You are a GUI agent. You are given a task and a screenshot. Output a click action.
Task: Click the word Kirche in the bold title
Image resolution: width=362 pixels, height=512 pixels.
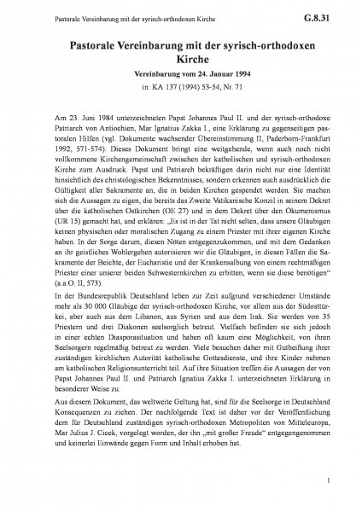coord(181,55)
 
